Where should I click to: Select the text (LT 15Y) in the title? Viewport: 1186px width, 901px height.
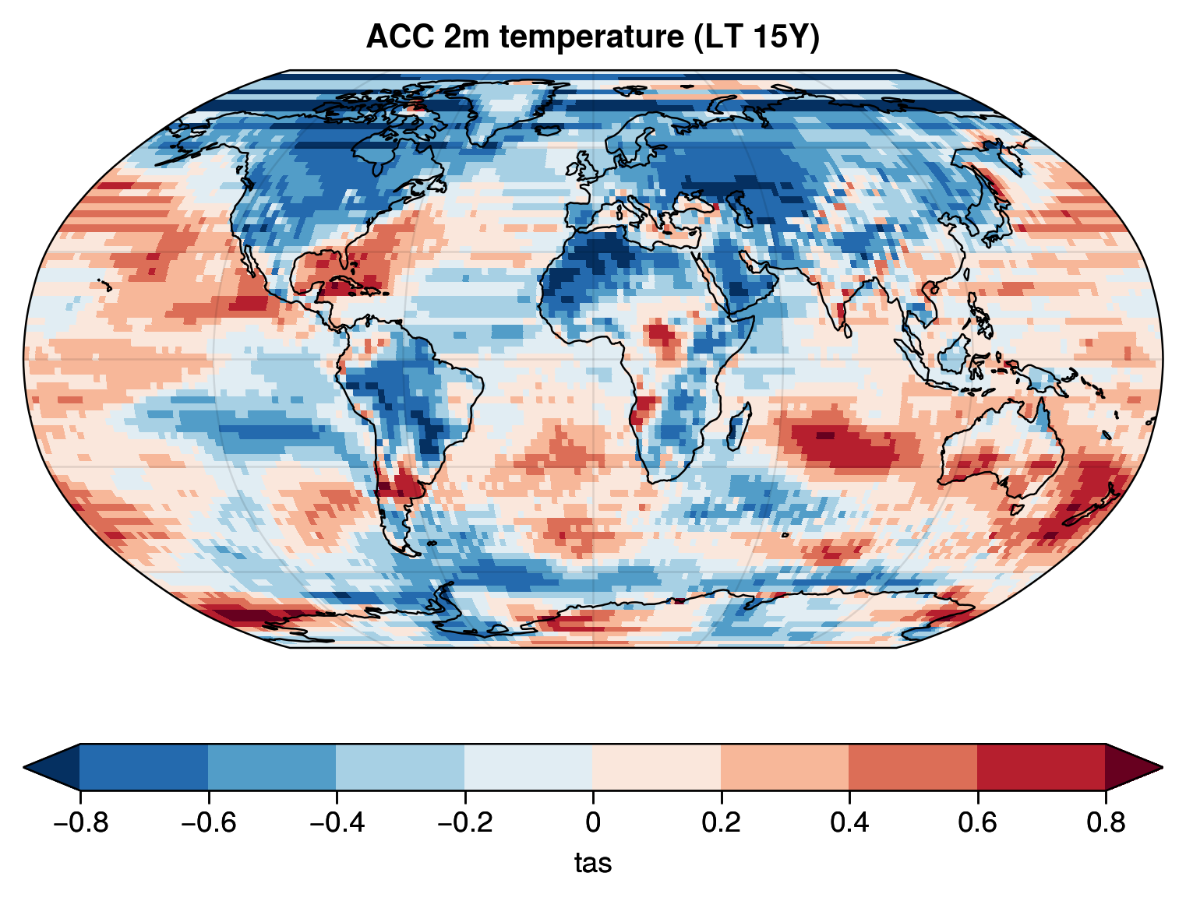757,37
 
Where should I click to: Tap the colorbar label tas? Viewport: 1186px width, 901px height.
593,863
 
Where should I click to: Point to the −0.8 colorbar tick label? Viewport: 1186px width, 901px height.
79,822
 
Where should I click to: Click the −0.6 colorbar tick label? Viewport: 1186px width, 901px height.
208,822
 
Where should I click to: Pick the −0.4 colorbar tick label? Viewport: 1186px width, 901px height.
336,822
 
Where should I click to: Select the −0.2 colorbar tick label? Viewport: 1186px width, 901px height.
464,822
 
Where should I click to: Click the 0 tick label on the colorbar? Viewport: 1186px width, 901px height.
593,822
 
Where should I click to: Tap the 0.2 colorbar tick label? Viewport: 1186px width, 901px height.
721,822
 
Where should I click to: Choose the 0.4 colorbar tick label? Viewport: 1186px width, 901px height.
849,822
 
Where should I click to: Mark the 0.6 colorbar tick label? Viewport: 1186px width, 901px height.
977,822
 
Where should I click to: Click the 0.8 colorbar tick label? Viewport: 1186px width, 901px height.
1106,822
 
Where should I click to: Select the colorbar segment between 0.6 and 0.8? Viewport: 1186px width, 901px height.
1041,767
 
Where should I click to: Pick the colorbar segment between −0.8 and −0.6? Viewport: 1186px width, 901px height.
144,767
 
